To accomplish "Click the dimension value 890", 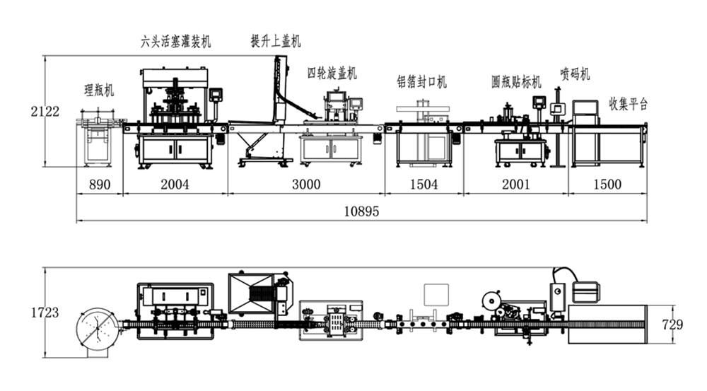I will [x=99, y=185].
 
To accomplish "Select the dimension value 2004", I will [x=175, y=185].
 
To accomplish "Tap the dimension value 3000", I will [x=305, y=185].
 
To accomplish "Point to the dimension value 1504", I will [x=423, y=185].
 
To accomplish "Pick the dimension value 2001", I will [x=515, y=185].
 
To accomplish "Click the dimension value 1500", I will [x=607, y=185].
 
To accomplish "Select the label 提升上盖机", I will [x=276, y=41].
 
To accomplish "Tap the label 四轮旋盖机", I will [x=332, y=73].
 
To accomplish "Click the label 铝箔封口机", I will [x=421, y=82].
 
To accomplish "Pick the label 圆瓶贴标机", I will [x=516, y=82].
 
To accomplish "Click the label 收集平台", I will [x=629, y=104].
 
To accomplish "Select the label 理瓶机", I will [x=99, y=90].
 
